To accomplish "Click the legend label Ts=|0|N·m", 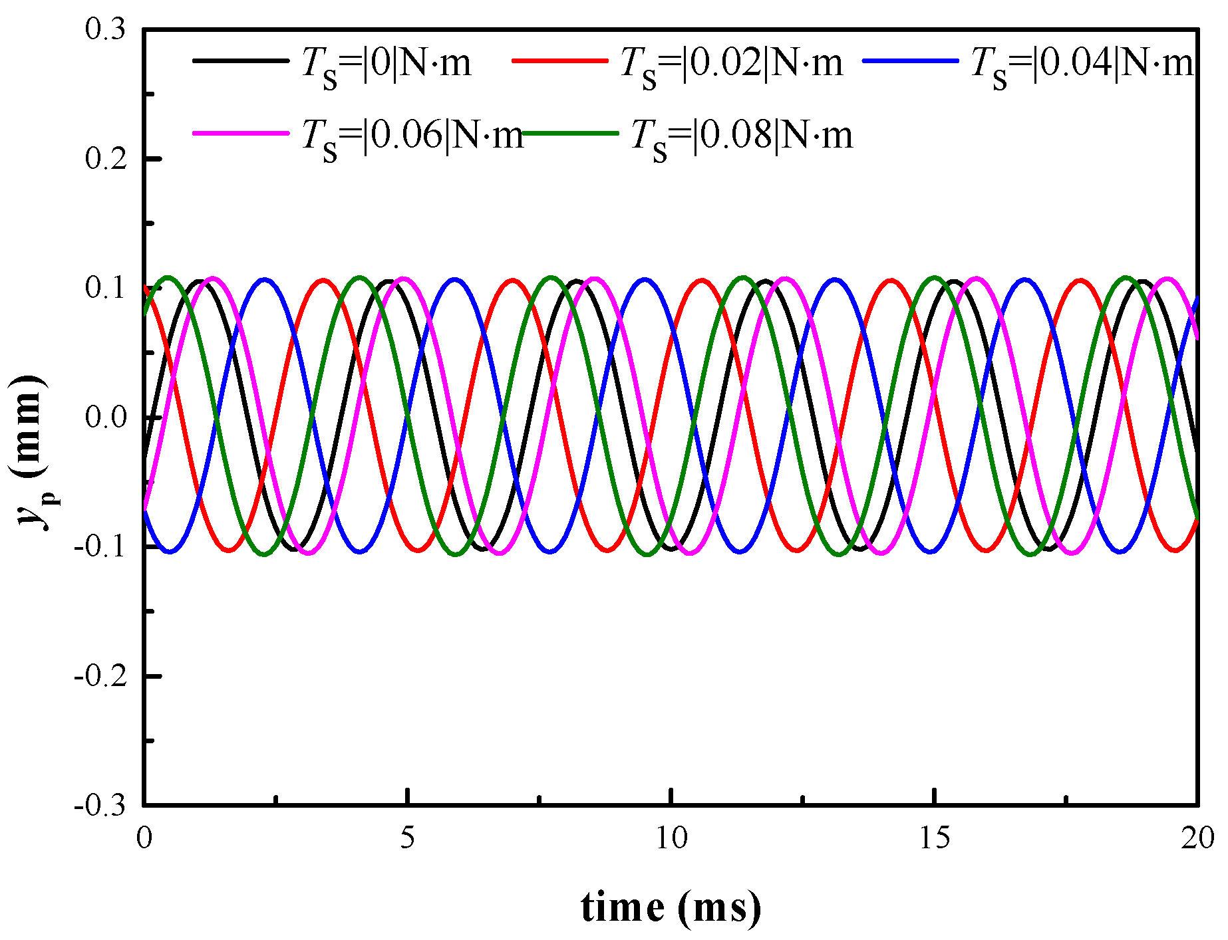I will (x=386, y=65).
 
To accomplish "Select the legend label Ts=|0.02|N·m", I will (x=731, y=65).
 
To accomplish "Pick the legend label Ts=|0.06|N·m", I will (x=412, y=137).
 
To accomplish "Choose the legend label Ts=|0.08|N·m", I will (x=741, y=137).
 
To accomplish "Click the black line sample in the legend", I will (x=240, y=60).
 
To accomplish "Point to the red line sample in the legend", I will (x=559, y=60).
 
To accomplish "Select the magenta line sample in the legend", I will (x=240, y=133).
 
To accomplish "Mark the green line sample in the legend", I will (x=570, y=133).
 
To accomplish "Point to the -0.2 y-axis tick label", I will (x=100, y=676).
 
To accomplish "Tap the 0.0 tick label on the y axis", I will (x=106, y=418).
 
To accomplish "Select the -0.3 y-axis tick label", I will (x=100, y=806).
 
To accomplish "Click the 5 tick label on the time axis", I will (x=407, y=838).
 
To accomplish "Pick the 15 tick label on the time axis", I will (x=935, y=838).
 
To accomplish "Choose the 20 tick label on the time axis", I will (x=1197, y=838).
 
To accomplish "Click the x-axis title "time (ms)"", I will (x=671, y=907).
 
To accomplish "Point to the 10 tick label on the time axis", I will (x=671, y=838).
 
